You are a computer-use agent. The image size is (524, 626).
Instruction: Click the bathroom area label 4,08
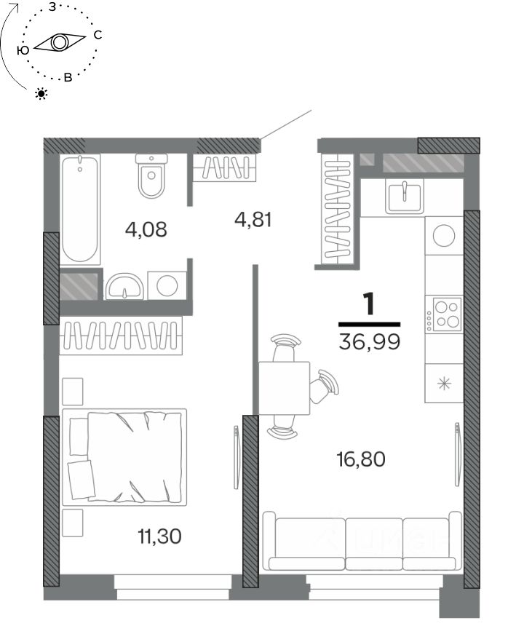click(146, 229)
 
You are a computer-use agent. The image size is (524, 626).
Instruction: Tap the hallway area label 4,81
click(253, 220)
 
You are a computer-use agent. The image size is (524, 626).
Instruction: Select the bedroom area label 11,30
click(159, 536)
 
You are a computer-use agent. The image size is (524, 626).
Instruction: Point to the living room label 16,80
click(361, 459)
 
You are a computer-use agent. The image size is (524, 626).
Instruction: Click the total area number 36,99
click(369, 341)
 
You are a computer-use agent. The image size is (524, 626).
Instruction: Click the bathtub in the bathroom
click(80, 209)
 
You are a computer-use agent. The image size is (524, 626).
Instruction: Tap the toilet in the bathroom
click(151, 175)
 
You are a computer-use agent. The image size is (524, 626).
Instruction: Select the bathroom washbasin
click(124, 286)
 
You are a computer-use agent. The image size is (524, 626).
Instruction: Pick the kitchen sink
click(404, 196)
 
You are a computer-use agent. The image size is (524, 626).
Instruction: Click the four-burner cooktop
click(444, 314)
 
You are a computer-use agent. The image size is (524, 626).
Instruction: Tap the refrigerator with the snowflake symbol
click(444, 384)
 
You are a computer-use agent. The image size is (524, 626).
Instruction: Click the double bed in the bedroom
click(124, 456)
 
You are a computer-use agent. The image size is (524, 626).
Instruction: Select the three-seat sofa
click(362, 541)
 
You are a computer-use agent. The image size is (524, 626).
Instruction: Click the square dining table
click(284, 388)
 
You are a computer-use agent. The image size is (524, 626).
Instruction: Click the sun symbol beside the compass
click(41, 94)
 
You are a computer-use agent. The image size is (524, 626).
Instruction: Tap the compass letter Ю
click(23, 50)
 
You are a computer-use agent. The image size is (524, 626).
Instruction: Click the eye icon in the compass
click(60, 42)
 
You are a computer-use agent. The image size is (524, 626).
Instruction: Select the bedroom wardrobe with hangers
click(121, 336)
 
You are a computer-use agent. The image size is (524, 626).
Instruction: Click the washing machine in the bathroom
click(167, 285)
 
